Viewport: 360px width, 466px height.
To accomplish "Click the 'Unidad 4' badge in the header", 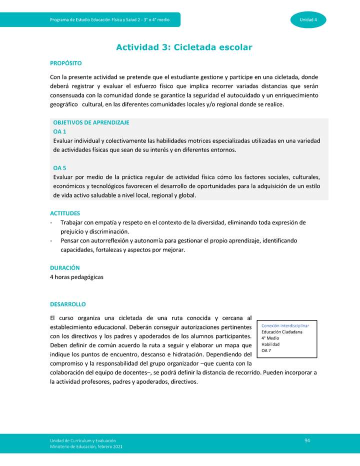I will (x=308, y=19).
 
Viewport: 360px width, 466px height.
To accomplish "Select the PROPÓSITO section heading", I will (x=65, y=63).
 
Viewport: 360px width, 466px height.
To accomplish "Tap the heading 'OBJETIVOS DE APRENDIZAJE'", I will (x=91, y=122).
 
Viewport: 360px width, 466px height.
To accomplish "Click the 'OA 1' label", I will (x=59, y=131).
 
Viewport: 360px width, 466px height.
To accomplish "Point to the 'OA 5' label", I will (x=59, y=168).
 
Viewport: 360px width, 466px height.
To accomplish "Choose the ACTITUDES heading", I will (x=65, y=213).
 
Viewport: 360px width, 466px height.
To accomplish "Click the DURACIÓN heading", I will (x=65, y=268).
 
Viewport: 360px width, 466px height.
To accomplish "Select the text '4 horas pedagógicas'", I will (x=77, y=277).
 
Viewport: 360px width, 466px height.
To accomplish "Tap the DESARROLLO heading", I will (x=68, y=304).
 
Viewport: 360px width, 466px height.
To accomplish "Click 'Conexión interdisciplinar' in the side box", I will (x=288, y=325).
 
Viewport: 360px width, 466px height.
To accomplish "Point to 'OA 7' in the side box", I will (x=267, y=351).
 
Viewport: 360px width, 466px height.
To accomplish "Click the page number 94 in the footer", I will (x=307, y=439).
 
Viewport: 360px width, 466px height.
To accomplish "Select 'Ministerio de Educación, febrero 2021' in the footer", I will (x=86, y=446).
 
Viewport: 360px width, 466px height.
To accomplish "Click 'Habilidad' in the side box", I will (x=270, y=344).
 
